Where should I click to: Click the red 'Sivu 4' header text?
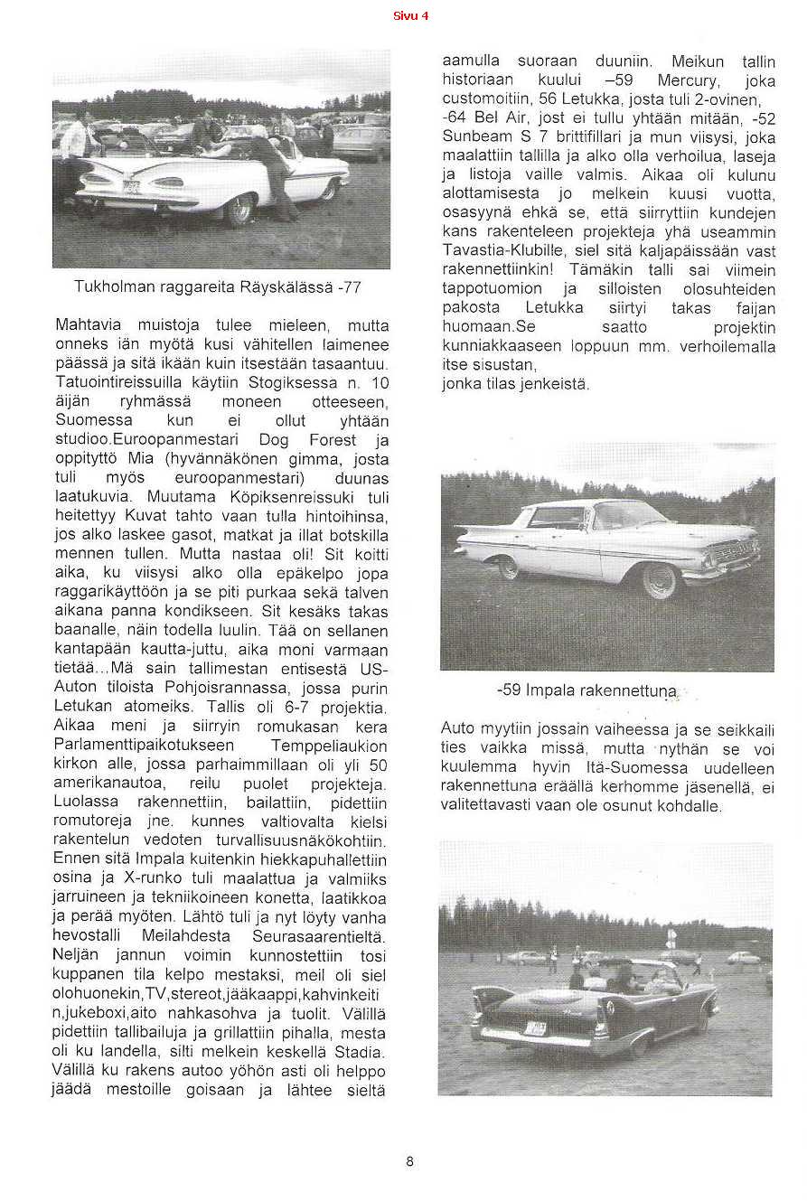[x=410, y=15]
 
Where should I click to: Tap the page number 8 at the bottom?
[x=409, y=1161]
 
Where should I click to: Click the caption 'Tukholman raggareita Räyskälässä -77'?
[x=218, y=287]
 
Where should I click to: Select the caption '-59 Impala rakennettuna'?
[x=587, y=690]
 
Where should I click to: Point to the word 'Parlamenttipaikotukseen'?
[x=144, y=746]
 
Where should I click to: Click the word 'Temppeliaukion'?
[x=329, y=746]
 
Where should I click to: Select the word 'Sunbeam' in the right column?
[x=476, y=136]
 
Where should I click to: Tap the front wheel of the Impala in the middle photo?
[x=660, y=579]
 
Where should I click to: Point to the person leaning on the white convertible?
[x=275, y=172]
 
